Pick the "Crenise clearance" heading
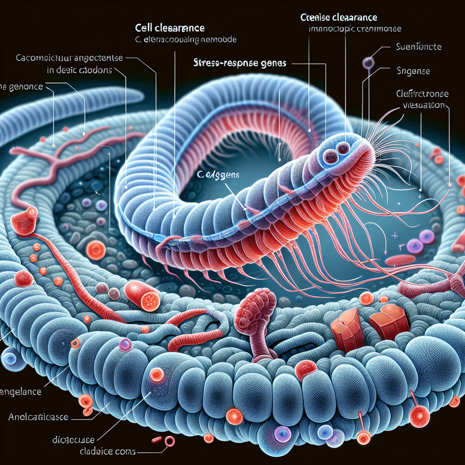point(338,18)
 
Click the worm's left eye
point(329,157)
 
